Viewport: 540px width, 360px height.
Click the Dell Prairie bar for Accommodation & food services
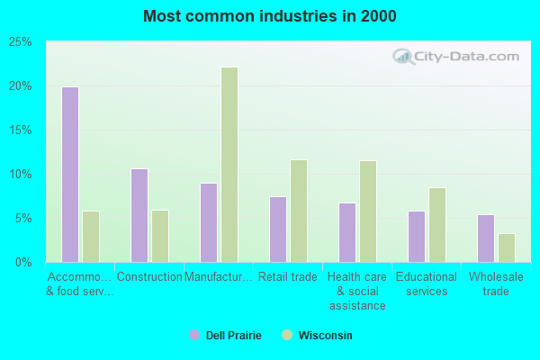tap(70, 175)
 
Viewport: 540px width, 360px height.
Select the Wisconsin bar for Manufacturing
tap(229, 165)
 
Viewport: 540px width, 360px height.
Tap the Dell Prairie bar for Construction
tap(139, 215)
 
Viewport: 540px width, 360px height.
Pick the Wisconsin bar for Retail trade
tap(299, 211)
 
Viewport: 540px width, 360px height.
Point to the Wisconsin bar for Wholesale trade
tap(507, 247)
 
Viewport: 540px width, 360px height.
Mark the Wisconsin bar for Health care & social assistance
tap(368, 211)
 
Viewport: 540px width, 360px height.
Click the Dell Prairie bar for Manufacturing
tap(209, 222)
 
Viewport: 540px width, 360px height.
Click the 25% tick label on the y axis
tap(21, 42)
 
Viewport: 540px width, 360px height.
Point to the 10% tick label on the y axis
tap(21, 175)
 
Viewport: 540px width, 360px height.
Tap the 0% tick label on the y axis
tap(24, 263)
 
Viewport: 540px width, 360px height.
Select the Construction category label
tap(149, 277)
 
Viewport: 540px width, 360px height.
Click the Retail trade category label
tap(288, 277)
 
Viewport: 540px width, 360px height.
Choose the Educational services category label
tap(427, 284)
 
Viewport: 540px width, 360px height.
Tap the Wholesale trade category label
tap(496, 284)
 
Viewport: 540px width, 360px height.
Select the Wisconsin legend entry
tap(317, 336)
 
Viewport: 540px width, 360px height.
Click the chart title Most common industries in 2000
tap(270, 16)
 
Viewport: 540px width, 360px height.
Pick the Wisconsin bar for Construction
tap(160, 236)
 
